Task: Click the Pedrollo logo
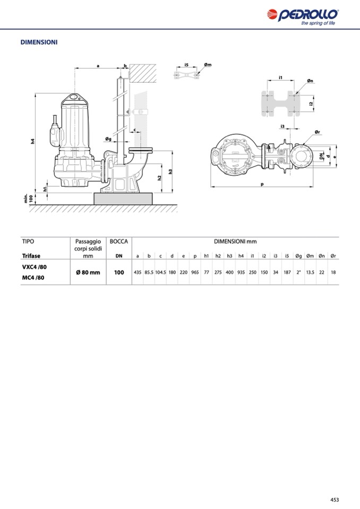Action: click(x=303, y=17)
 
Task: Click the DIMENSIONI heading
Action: click(x=39, y=42)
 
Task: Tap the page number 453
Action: click(x=335, y=499)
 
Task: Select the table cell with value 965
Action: click(x=195, y=272)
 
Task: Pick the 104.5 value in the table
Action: click(x=160, y=272)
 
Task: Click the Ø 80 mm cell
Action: click(x=88, y=272)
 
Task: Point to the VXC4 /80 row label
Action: click(x=35, y=267)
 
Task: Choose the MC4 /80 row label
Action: click(x=33, y=278)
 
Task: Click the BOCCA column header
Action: click(x=119, y=241)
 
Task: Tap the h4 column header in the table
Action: click(x=241, y=256)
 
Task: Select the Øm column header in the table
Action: click(x=310, y=256)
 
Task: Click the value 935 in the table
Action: click(x=241, y=272)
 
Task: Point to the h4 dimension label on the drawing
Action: click(x=32, y=141)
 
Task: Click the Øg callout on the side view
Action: click(x=108, y=139)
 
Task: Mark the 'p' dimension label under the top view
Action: click(x=262, y=184)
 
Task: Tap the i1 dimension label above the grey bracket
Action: click(x=280, y=77)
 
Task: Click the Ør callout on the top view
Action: click(x=318, y=132)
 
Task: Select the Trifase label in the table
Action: click(x=31, y=256)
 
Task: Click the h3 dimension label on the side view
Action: click(x=170, y=172)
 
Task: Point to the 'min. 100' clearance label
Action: click(x=28, y=199)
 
